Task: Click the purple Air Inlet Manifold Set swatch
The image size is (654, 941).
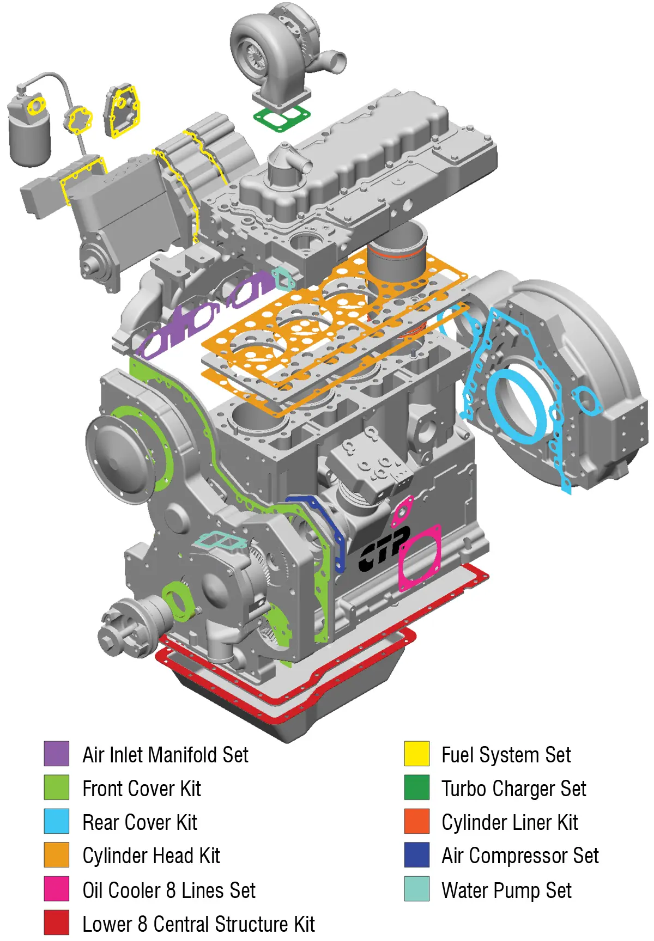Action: click(x=56, y=754)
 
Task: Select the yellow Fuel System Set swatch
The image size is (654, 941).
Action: click(x=416, y=754)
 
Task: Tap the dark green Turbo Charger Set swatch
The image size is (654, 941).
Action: click(x=416, y=787)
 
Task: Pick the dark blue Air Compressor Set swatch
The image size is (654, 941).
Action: click(x=416, y=855)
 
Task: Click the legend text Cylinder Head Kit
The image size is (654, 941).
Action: click(x=151, y=856)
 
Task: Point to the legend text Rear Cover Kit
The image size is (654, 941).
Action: click(x=140, y=822)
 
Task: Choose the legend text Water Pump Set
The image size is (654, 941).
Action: click(x=506, y=890)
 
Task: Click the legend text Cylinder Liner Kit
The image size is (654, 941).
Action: click(x=510, y=822)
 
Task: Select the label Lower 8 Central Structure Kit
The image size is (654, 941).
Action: click(x=198, y=924)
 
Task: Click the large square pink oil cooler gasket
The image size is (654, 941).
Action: click(x=420, y=558)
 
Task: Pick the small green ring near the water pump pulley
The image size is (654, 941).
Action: click(x=178, y=601)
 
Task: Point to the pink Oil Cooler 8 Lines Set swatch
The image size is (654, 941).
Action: click(x=56, y=889)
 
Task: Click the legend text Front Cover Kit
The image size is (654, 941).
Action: click(x=142, y=789)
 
